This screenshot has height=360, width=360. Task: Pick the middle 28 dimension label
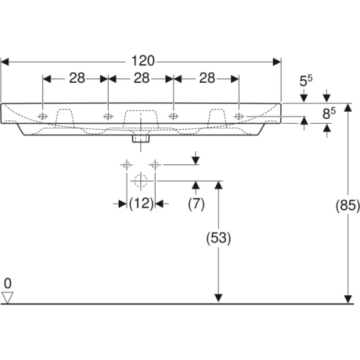140,78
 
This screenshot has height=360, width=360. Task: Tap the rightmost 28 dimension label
205,78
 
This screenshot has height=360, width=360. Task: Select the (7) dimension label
196,204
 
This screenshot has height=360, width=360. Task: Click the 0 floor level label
8,282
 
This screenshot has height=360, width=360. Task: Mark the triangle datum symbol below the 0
8,297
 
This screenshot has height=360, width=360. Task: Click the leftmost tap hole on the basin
44,115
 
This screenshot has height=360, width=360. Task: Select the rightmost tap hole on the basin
238,115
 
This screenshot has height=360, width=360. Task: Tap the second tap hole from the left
108,115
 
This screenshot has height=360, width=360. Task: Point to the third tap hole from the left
174,115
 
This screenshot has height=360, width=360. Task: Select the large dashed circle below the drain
141,180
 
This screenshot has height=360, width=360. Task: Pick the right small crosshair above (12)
153,165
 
